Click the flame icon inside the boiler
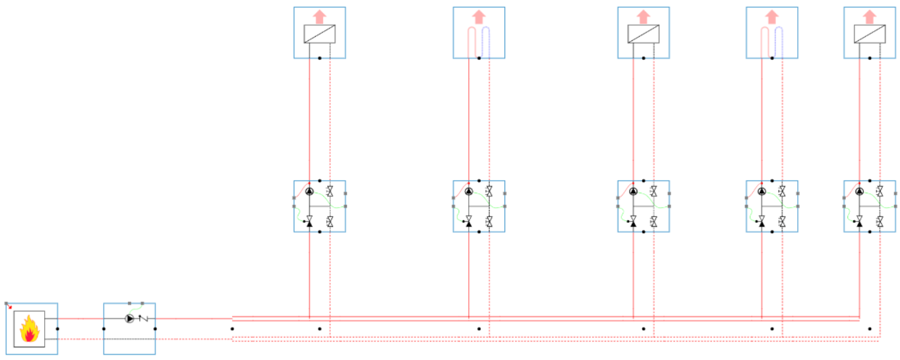29,329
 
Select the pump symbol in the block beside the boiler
129,318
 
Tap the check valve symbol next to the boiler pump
142,318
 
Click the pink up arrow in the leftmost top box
319,16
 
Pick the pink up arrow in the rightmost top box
870,16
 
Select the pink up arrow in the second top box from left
479,16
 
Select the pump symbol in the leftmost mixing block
309,192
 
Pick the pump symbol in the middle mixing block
633,192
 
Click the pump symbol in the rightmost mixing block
860,192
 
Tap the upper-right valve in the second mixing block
489,192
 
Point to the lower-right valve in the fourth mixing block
782,222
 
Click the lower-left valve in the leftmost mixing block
309,222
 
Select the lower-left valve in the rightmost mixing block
860,222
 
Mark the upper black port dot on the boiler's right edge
57,328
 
